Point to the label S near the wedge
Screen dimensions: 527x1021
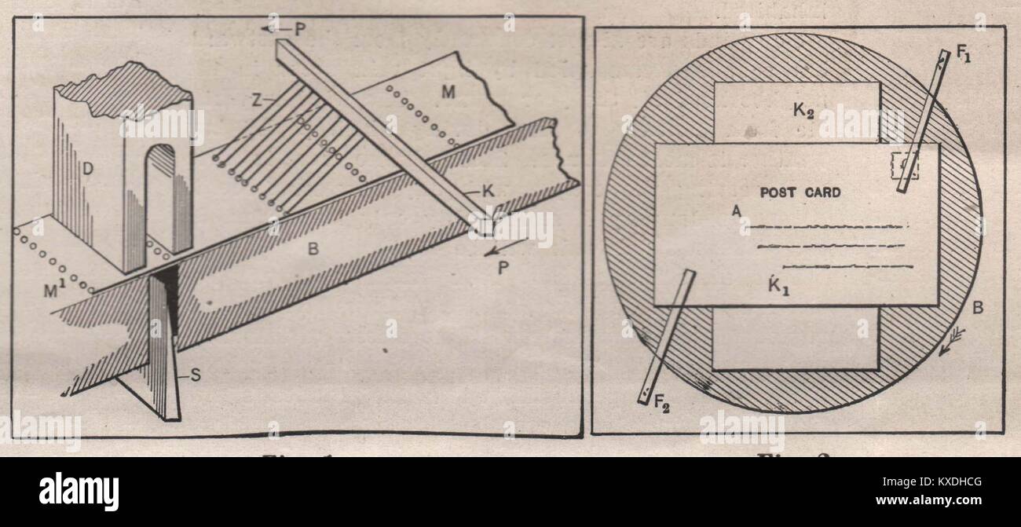(195, 375)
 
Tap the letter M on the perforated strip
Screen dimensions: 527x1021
(448, 93)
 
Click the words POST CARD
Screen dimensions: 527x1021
(800, 192)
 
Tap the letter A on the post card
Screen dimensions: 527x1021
(735, 210)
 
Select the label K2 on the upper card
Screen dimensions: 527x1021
(803, 111)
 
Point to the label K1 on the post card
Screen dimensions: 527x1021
(780, 285)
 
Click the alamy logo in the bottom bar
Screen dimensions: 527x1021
(79, 492)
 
